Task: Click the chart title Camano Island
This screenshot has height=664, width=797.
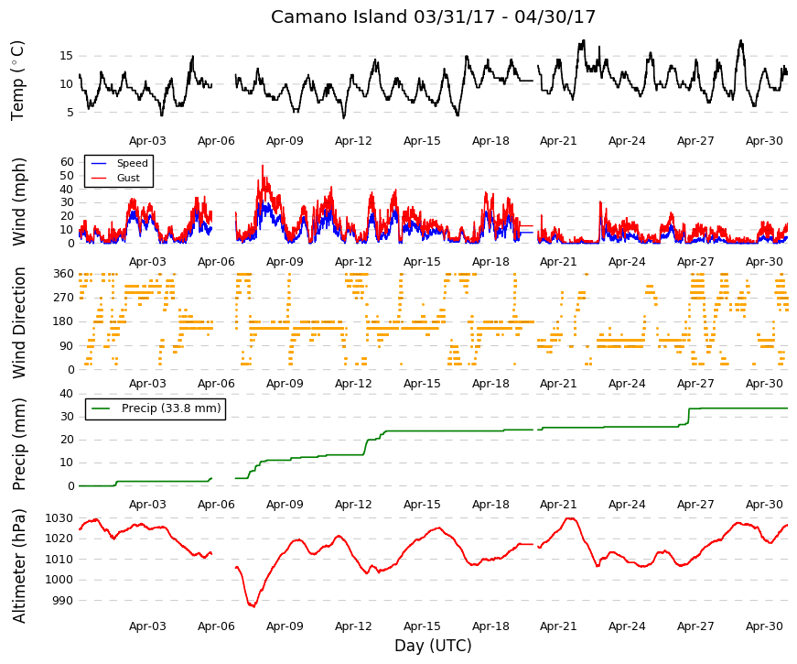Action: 339,16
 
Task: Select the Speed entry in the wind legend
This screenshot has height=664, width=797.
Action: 132,163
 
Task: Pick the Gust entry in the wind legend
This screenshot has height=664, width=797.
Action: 128,178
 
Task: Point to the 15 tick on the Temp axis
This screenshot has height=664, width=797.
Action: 66,56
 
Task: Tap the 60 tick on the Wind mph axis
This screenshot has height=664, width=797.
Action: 67,162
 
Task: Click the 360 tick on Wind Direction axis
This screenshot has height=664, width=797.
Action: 64,274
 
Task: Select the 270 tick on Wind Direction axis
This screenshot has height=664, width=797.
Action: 64,298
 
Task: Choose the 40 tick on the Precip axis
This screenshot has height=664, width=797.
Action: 67,393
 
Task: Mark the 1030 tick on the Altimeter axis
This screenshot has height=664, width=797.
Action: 59,518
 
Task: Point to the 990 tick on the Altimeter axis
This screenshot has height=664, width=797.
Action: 63,601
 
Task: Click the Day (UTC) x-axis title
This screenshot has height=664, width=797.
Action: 433,646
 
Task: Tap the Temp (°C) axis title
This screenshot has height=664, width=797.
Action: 17,81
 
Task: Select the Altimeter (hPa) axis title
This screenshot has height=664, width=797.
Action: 19,566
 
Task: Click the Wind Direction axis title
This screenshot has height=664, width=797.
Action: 19,323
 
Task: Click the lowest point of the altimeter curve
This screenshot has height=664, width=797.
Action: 253,606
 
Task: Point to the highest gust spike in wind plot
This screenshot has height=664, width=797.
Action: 263,166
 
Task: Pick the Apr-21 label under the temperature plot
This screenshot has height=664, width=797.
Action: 558,141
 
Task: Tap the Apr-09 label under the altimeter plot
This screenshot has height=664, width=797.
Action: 285,626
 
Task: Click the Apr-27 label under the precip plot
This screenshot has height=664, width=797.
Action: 695,505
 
